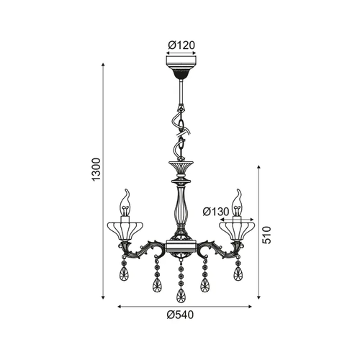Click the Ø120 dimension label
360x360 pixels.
(x=181, y=45)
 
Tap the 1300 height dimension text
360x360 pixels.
(x=96, y=169)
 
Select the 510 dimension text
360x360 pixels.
(x=266, y=235)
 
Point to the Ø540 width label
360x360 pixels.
(x=180, y=315)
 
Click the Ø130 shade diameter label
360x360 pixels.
(x=216, y=212)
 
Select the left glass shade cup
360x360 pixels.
(x=125, y=231)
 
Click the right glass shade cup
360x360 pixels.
(x=237, y=231)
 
